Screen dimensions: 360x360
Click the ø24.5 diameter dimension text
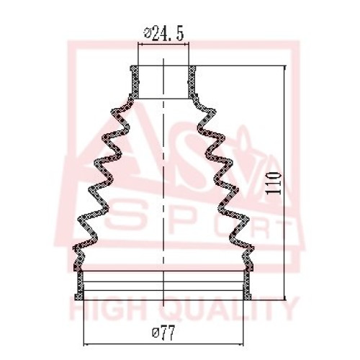164,34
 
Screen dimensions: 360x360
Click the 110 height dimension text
274,183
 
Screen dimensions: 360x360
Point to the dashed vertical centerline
163,182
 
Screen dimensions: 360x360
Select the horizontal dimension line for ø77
163,345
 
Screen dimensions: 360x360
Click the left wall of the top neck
135,82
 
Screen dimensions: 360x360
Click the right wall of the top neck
192,82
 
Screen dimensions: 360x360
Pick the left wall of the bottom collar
79,285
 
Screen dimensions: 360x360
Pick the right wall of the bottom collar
247,285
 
